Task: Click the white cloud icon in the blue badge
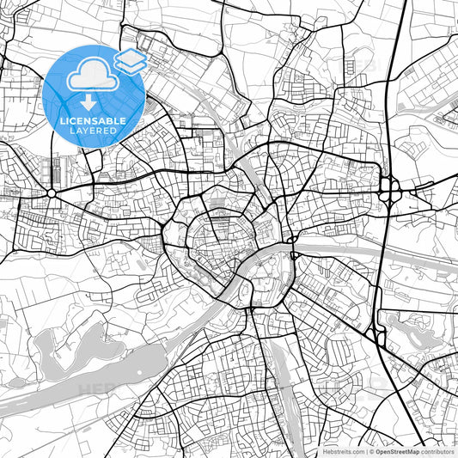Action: click(x=92, y=78)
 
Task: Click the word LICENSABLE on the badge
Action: click(x=94, y=121)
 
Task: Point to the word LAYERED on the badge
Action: click(x=94, y=131)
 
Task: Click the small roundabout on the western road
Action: click(x=52, y=193)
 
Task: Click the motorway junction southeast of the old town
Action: click(x=379, y=337)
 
